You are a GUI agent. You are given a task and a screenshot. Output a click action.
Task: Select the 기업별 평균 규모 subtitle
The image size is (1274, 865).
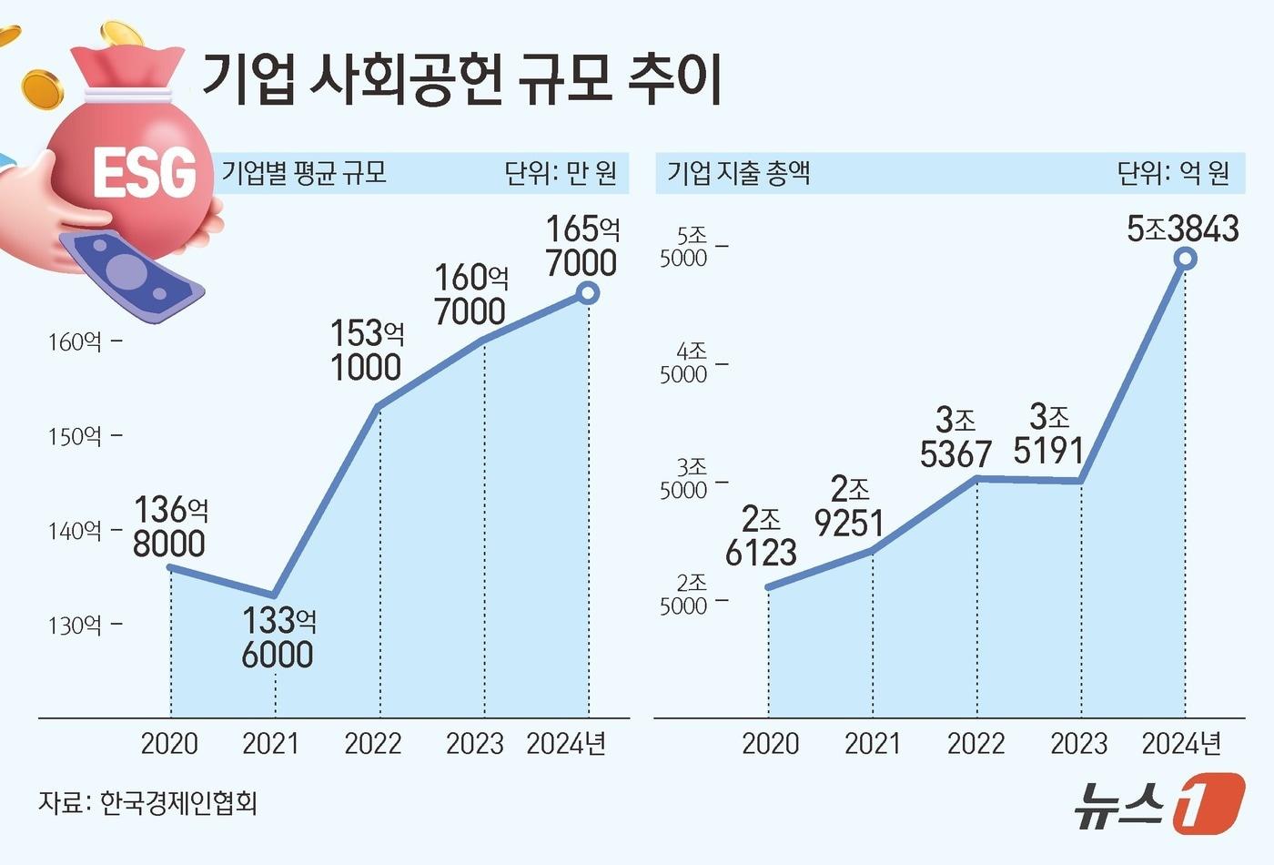[x=304, y=172]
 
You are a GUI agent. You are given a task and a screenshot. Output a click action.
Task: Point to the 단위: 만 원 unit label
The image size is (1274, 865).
[x=561, y=172]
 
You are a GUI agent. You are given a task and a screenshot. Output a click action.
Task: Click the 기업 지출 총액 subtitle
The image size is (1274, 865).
[x=738, y=172]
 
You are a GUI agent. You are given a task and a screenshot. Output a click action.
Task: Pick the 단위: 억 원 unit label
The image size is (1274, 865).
[x=1173, y=172]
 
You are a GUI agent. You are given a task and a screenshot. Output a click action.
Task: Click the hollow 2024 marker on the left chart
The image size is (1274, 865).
[x=588, y=292]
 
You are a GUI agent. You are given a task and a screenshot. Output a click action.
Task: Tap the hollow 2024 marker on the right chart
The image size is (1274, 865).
[x=1185, y=259]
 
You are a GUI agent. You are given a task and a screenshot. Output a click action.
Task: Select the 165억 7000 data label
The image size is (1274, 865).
[x=582, y=246]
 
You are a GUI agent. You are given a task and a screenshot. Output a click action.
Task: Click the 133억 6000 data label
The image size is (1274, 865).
[x=278, y=637]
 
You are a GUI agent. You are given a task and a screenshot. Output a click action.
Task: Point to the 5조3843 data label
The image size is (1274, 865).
[x=1182, y=229]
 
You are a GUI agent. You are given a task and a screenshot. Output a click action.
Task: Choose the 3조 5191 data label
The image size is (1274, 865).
[x=1049, y=434]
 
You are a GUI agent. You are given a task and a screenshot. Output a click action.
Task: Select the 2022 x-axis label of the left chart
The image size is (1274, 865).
[x=372, y=744]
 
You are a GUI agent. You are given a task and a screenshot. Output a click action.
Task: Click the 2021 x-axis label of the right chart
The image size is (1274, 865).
[x=872, y=744]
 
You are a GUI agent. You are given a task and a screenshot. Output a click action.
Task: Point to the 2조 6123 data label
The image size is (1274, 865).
[x=762, y=536]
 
